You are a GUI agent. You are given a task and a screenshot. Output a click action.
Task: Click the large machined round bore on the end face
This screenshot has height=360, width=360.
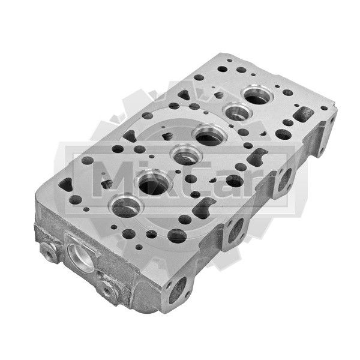(82, 257)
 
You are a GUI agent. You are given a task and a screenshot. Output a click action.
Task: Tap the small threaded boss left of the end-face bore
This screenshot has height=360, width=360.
(49, 253)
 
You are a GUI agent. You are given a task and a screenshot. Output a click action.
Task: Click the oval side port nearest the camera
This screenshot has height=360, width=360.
(178, 290)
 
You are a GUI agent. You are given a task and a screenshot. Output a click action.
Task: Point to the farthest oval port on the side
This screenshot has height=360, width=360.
(284, 179)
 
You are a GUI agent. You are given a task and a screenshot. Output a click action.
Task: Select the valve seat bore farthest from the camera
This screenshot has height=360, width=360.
(257, 95)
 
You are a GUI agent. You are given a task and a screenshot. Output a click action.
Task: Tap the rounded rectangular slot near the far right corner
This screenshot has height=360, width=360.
(304, 114)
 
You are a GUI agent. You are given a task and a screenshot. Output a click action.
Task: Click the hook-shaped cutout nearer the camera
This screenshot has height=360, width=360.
(203, 208)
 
